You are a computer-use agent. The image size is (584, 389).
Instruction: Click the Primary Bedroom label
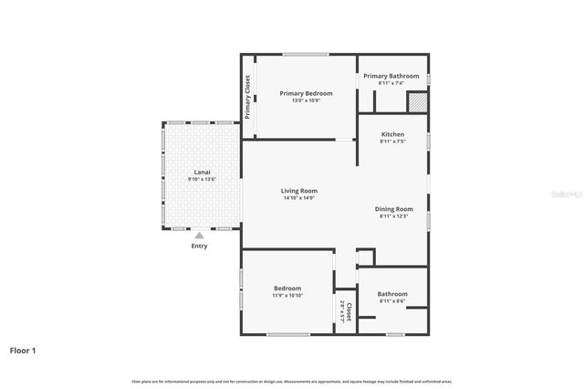pyautogui.click(x=306, y=93)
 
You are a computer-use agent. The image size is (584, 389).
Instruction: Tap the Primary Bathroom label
pyautogui.click(x=391, y=76)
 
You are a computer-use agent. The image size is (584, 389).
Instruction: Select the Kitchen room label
pyautogui.click(x=392, y=134)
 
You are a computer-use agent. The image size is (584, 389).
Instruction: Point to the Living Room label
pyautogui.click(x=298, y=190)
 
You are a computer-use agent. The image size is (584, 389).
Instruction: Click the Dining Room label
pyautogui.click(x=396, y=208)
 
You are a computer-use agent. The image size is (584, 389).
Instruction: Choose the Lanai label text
pyautogui.click(x=201, y=172)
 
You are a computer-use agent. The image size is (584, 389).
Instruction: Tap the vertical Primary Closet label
pyautogui.click(x=247, y=97)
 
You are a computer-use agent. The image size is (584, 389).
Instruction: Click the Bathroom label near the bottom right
pyautogui.click(x=392, y=293)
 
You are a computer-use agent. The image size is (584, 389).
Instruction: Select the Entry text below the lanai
pyautogui.click(x=199, y=246)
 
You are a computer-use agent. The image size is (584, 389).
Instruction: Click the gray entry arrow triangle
pyautogui.click(x=199, y=236)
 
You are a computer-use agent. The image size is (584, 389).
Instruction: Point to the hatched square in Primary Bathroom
pyautogui.click(x=416, y=102)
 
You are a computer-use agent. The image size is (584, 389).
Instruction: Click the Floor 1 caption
pyautogui.click(x=24, y=349)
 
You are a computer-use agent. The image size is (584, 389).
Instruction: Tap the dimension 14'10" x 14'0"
pyautogui.click(x=298, y=198)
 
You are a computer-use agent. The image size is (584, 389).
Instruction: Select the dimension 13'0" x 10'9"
pyautogui.click(x=306, y=100)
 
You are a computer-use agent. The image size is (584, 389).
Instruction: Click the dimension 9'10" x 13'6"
pyautogui.click(x=201, y=180)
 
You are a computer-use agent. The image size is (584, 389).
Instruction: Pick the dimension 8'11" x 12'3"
pyautogui.click(x=396, y=216)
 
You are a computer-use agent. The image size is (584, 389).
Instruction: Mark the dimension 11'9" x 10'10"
pyautogui.click(x=287, y=296)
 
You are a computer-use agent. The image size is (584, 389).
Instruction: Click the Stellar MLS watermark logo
pyautogui.click(x=567, y=195)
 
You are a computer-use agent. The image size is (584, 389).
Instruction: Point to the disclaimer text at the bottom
pyautogui.click(x=291, y=381)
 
